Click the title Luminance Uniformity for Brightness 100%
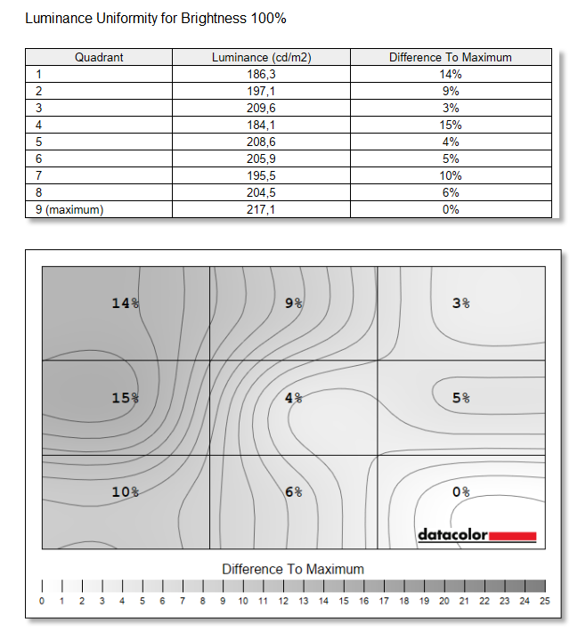pyautogui.click(x=156, y=18)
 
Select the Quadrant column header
pyautogui.click(x=99, y=58)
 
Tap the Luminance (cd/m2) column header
pyautogui.click(x=261, y=58)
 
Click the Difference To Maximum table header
pyautogui.click(x=450, y=58)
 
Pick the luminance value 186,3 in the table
pyautogui.click(x=261, y=75)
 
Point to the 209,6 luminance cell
pyautogui.click(x=261, y=108)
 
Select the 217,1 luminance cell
pyautogui.click(x=261, y=209)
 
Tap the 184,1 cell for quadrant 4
pyautogui.click(x=261, y=125)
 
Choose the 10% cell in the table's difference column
pyautogui.click(x=450, y=175)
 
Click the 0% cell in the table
pyautogui.click(x=450, y=209)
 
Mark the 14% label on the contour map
pyautogui.click(x=125, y=304)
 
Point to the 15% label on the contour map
pyautogui.click(x=125, y=398)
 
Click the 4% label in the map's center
pyautogui.click(x=293, y=398)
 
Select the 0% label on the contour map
pyautogui.click(x=460, y=491)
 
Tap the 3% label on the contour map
pyautogui.click(x=460, y=304)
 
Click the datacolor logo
pyautogui.click(x=476, y=535)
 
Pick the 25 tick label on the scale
pyautogui.click(x=545, y=602)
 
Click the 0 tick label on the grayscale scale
pyautogui.click(x=42, y=602)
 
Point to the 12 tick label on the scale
pyautogui.click(x=283, y=602)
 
